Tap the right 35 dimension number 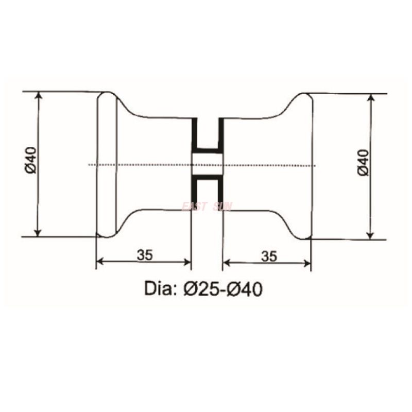[269, 255]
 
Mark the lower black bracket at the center [207, 188]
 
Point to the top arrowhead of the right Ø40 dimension [370, 98]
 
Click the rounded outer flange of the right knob [306, 165]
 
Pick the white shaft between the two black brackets [207, 164]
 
